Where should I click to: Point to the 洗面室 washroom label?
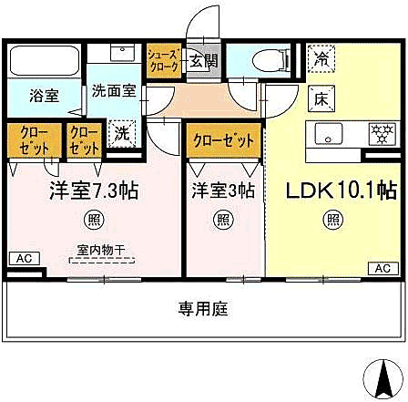(x=112, y=91)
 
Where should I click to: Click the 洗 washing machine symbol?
(x=119, y=132)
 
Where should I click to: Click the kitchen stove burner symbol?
(x=379, y=134)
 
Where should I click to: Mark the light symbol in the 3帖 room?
(x=221, y=219)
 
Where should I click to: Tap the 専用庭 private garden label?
(x=203, y=310)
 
